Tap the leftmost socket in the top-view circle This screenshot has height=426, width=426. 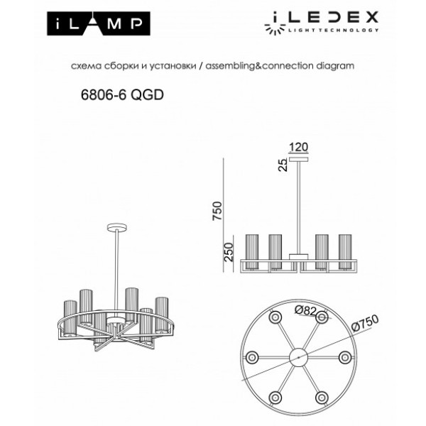pyautogui.click(x=251, y=355)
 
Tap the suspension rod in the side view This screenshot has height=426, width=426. pyautogui.click(x=299, y=206)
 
